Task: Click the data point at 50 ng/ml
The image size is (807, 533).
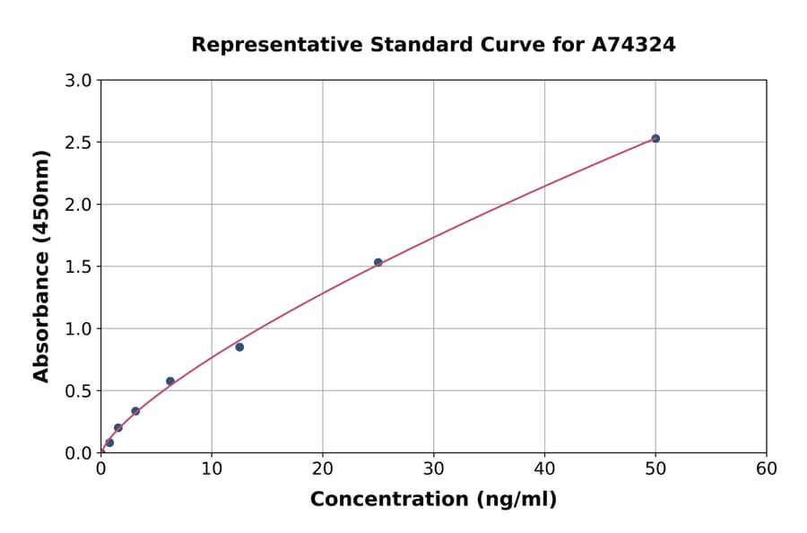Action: [655, 138]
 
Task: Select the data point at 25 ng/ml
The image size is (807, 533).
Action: [378, 262]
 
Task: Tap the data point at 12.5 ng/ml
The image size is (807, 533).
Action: [239, 347]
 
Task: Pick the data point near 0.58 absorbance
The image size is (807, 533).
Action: [170, 381]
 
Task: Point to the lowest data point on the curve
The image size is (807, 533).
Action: [109, 442]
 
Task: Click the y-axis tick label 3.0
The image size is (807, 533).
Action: [80, 81]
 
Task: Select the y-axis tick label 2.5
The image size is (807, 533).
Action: [80, 143]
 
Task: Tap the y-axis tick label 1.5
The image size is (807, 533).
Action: [80, 266]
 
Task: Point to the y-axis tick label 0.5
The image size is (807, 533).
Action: [80, 391]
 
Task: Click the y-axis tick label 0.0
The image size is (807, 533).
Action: [80, 453]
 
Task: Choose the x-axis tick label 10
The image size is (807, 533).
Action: [212, 468]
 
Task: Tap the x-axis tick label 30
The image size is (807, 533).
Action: [434, 468]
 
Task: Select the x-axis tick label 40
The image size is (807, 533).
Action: [544, 468]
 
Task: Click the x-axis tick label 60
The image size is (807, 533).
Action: [767, 468]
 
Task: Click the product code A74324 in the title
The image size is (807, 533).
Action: [633, 44]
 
